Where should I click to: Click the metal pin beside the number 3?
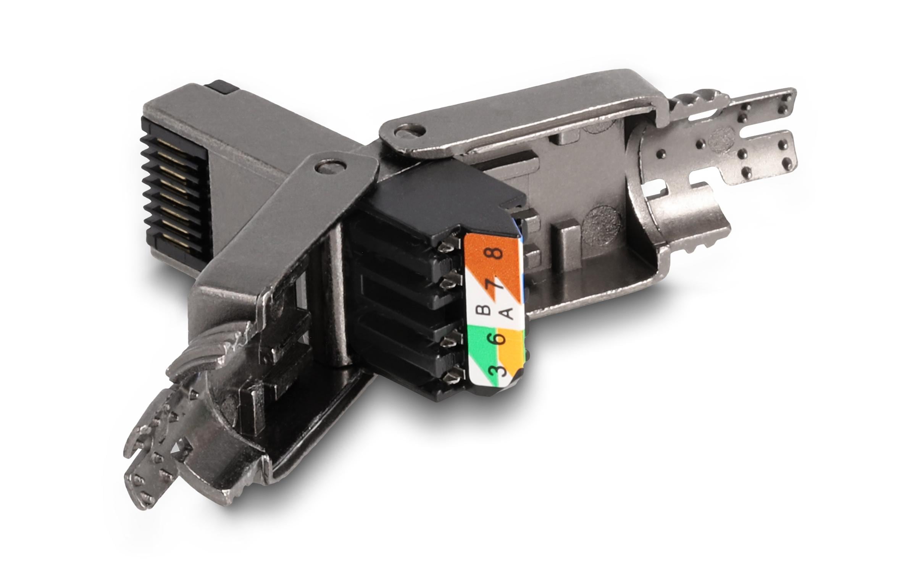point(450,378)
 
